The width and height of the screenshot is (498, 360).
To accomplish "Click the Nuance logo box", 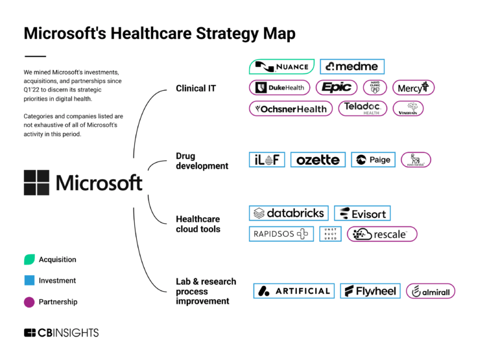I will (x=281, y=66).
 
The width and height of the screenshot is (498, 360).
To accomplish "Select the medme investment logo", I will (x=352, y=66).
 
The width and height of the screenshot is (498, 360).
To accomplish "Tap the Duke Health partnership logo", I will (x=279, y=88).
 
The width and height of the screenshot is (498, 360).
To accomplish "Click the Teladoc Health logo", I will (x=362, y=108).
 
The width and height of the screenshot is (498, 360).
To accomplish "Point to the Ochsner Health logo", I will (x=291, y=108).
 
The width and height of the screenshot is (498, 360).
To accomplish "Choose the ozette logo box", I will (x=318, y=160).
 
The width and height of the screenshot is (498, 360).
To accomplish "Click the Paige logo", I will (x=373, y=160).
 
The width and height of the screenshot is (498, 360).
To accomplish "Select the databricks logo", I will (x=289, y=213).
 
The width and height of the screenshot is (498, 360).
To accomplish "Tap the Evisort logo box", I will (x=362, y=213).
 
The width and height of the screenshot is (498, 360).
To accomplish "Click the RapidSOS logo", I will (x=281, y=234).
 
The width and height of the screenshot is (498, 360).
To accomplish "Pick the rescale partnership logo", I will (x=382, y=234).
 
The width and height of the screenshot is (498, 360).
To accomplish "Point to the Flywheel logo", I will (x=370, y=291).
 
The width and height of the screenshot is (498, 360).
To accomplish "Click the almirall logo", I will (x=431, y=291).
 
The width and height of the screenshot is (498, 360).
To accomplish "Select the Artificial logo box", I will (x=294, y=291).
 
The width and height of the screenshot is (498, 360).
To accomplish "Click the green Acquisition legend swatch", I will (x=29, y=259).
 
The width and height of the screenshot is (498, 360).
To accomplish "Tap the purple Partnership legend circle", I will (x=29, y=302).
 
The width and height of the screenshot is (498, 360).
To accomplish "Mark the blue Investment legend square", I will (x=29, y=281).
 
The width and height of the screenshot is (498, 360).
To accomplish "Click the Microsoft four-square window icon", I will (x=36, y=182).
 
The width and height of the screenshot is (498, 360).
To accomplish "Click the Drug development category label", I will (x=202, y=161).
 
